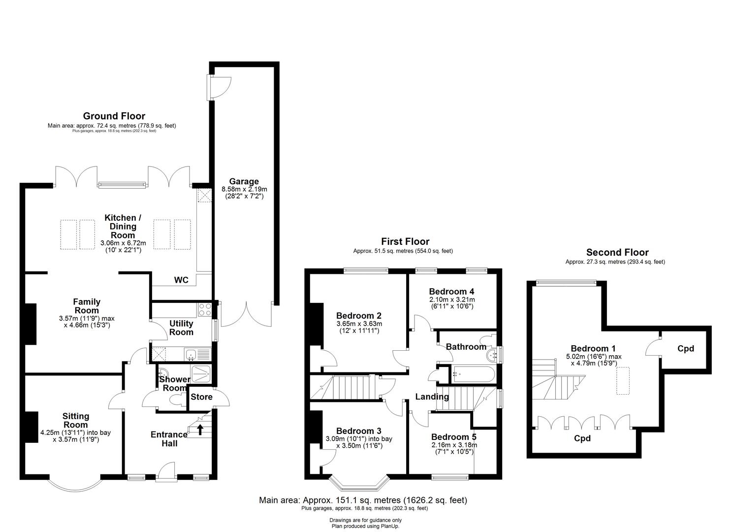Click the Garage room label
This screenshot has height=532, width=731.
[244, 181]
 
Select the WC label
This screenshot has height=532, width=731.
[181, 280]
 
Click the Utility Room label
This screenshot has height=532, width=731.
[181, 328]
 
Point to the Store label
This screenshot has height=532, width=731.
[201, 397]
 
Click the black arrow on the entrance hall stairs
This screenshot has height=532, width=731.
[200, 430]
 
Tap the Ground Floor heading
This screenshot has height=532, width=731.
[114, 116]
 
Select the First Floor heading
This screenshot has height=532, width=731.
[405, 241]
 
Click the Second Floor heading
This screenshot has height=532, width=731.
[617, 252]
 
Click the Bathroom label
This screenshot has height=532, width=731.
[466, 347]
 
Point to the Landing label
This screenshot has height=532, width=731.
[432, 397]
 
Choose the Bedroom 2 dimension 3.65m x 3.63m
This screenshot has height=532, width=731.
[359, 324]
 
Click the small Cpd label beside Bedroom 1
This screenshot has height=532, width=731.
[685, 349]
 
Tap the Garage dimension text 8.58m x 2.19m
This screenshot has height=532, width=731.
[244, 189]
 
